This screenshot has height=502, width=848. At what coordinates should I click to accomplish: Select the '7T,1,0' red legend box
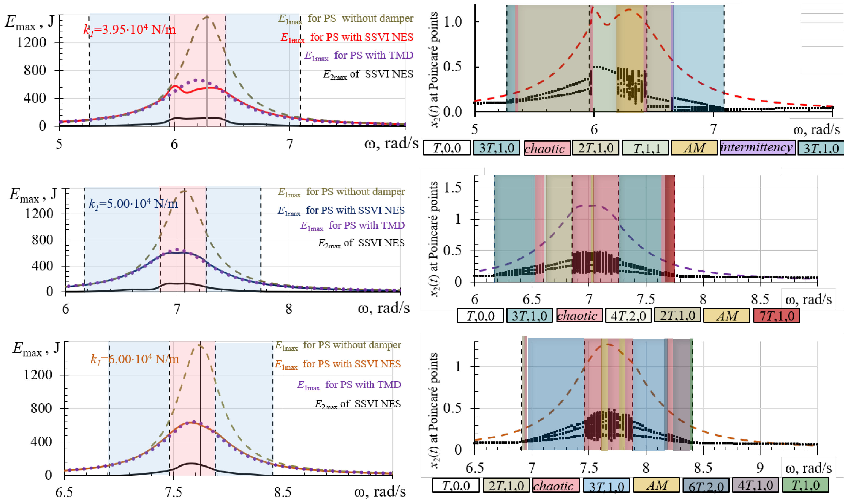tap(776, 316)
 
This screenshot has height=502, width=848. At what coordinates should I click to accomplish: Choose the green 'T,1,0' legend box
tap(805, 485)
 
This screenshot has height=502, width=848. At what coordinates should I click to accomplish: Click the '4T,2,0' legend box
tap(628, 316)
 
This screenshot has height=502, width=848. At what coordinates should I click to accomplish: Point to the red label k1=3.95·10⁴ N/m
tap(130, 30)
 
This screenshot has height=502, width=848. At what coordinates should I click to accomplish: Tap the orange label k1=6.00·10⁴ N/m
tap(135, 359)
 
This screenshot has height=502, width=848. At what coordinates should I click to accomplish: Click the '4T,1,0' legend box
tap(755, 485)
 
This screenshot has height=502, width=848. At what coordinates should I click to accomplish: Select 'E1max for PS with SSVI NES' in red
tap(347, 37)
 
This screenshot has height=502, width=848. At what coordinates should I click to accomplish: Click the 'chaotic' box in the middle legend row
tap(579, 316)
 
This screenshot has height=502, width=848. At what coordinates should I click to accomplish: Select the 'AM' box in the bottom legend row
tap(656, 485)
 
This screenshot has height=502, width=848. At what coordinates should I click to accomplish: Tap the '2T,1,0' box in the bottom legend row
tap(506, 485)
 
